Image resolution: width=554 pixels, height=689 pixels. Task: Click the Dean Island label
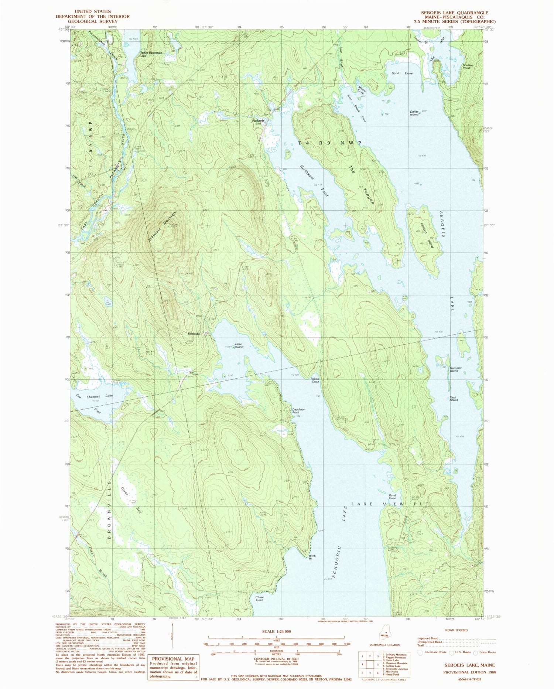[239, 345]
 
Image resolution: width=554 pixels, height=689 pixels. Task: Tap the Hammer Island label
[454, 369]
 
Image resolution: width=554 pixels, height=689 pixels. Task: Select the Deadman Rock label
[299, 411]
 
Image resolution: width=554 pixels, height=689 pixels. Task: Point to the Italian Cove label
[315, 380]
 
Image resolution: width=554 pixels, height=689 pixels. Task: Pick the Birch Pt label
[312, 557]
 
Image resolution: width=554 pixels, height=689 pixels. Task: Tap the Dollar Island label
[414, 113]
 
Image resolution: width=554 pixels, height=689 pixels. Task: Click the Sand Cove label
[402, 73]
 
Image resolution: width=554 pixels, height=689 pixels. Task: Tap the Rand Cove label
[392, 497]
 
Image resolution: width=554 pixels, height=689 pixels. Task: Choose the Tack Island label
[453, 399]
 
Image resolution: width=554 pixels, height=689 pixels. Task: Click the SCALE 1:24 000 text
[276, 631]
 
